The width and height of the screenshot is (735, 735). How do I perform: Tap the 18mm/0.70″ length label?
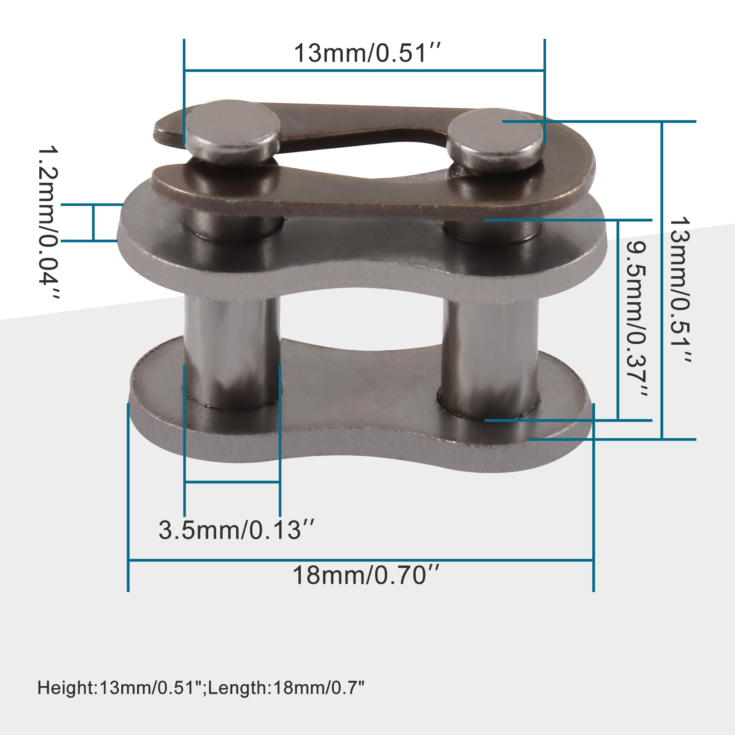click(x=366, y=575)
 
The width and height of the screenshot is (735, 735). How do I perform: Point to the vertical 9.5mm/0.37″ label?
click(x=636, y=320)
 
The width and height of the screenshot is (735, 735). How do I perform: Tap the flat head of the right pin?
click(x=495, y=131)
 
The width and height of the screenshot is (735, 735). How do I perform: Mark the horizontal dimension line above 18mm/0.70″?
click(x=361, y=560)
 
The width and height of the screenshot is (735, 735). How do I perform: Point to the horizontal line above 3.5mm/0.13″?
click(x=232, y=482)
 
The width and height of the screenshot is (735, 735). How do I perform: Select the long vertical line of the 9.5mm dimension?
click(x=618, y=320)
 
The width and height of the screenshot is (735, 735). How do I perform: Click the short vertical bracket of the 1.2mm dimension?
click(x=93, y=223)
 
